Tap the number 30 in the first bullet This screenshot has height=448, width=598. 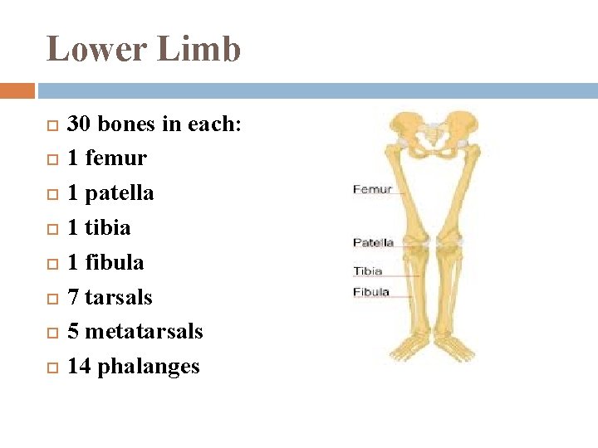coord(79,124)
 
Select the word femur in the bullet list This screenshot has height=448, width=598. coord(115,158)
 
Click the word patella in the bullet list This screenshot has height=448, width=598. coord(120,192)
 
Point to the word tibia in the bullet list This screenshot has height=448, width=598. coord(108,227)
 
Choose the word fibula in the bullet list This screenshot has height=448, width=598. coord(115,262)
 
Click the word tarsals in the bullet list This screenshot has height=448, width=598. coord(119,297)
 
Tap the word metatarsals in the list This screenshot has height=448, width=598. coord(144,332)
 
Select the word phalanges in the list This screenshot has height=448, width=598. coord(149,367)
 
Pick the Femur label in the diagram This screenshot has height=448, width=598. coord(372,189)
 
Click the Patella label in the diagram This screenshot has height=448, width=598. coord(373,242)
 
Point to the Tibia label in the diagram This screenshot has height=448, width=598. coord(368,270)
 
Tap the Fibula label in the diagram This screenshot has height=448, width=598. coord(371,292)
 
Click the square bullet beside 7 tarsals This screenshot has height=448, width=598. coord(51,297)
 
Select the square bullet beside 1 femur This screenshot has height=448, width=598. coord(51,158)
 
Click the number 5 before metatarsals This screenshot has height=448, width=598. coord(73,332)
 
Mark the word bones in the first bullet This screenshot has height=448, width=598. coord(125,124)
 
